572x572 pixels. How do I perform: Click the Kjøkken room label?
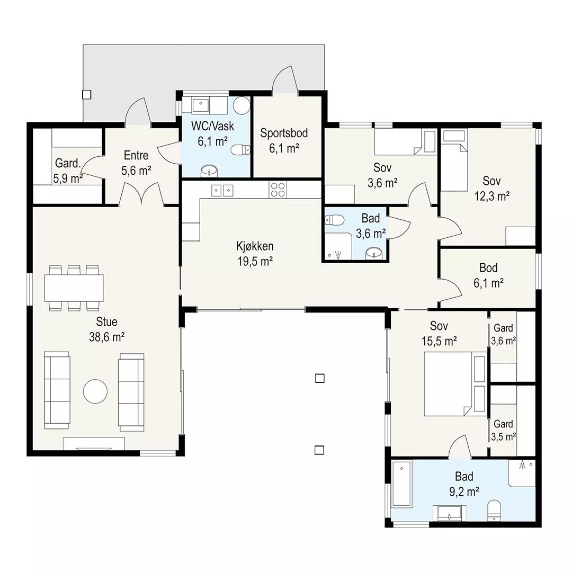pyautogui.click(x=255, y=246)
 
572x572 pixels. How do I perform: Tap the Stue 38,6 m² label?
pyautogui.click(x=107, y=329)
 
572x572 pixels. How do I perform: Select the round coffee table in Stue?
pyautogui.click(x=95, y=391)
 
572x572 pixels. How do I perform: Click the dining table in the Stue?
pyautogui.click(x=74, y=288)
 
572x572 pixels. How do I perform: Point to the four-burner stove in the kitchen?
pyautogui.click(x=278, y=190)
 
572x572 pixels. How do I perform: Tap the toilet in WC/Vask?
pyautogui.click(x=241, y=150)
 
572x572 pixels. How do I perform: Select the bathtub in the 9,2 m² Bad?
pyautogui.click(x=401, y=484)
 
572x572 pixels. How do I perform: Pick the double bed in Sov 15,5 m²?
pyautogui.click(x=455, y=384)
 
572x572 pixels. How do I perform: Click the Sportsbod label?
pyautogui.click(x=284, y=133)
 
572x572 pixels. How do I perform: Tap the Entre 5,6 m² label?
pyautogui.click(x=136, y=163)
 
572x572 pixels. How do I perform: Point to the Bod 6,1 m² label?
pyautogui.click(x=489, y=275)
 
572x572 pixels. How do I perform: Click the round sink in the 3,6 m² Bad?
pyautogui.click(x=374, y=253)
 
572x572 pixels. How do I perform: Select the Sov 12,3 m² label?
pyautogui.click(x=491, y=189)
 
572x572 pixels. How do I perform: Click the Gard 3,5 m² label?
pyautogui.click(x=504, y=431)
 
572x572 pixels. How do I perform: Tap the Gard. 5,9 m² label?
pyautogui.click(x=68, y=171)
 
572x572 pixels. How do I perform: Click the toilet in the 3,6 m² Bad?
pyautogui.click(x=334, y=220)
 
